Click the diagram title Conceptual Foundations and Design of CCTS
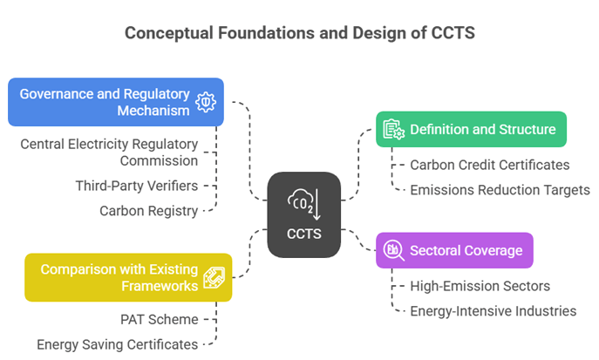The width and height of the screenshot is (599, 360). [300, 33]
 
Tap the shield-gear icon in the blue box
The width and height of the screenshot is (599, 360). [206, 102]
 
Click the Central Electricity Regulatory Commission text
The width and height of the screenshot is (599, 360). [110, 152]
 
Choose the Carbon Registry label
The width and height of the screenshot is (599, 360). [148, 210]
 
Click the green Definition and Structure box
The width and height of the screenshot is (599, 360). [471, 129]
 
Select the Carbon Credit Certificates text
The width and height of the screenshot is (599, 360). [490, 165]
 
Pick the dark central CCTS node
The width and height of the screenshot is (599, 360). [303, 214]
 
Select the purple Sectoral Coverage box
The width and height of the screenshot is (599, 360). [453, 250]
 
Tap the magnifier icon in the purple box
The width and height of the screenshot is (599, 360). [392, 250]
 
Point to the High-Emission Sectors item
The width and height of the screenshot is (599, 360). [480, 286]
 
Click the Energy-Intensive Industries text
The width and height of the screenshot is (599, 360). [493, 310]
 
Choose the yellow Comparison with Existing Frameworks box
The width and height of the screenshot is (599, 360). [127, 277]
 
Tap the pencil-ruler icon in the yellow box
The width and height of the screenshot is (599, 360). [214, 277]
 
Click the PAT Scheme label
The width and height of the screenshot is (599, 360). [159, 319]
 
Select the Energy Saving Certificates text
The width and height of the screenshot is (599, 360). [117, 344]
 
